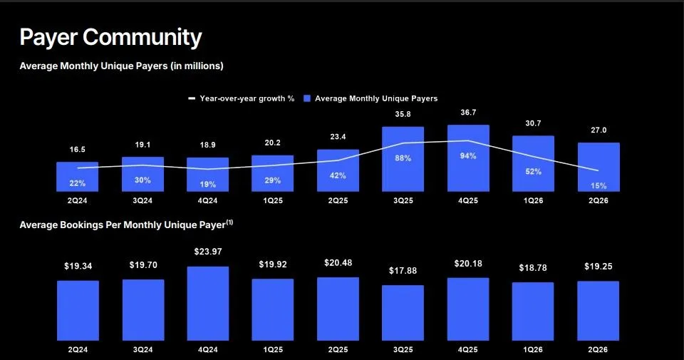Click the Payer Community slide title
point(111,38)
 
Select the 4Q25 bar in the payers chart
point(468,158)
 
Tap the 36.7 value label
point(468,112)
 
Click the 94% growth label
point(468,156)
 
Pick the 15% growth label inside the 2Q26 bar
point(598,185)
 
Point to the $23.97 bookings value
point(208,252)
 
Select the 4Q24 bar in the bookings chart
point(208,303)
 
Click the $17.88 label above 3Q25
point(403,271)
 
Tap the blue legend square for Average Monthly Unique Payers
point(307,98)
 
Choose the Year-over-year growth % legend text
point(247,98)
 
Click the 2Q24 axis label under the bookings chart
point(78,349)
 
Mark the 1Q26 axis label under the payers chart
point(533,201)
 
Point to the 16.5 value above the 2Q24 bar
point(77,149)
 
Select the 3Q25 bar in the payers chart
point(403,159)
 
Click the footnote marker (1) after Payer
point(229,222)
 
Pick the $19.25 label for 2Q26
point(598,266)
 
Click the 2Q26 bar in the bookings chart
point(598,311)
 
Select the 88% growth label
point(403,158)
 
